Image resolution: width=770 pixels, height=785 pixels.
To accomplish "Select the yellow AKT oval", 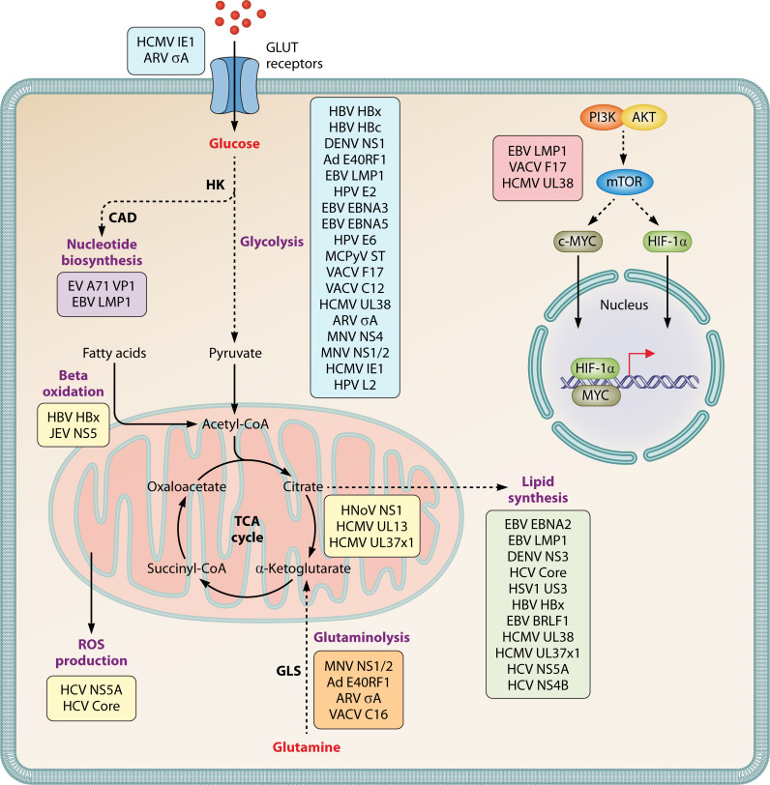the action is (x=643, y=118).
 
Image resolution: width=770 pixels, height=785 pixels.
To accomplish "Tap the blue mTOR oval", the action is (x=624, y=181).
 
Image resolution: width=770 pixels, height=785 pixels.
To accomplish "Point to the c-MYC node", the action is (x=577, y=242).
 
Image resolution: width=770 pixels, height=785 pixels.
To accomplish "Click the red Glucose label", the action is (x=234, y=144).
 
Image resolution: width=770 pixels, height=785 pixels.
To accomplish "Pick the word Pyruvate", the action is (x=235, y=353).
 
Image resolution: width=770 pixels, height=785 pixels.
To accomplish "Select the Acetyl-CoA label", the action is (x=235, y=424).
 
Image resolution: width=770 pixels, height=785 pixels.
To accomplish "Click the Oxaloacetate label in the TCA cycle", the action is (x=187, y=486).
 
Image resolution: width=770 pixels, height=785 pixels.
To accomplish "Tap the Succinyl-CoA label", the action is (x=187, y=568).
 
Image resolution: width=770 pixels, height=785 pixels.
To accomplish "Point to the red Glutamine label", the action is (x=307, y=747).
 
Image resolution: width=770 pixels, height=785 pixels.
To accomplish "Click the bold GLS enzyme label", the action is (x=288, y=671).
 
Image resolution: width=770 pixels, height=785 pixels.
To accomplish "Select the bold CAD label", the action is (x=123, y=218).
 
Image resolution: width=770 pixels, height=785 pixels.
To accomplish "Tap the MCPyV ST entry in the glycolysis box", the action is (x=355, y=256).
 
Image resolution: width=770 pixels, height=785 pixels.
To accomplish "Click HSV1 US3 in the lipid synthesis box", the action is (x=538, y=589).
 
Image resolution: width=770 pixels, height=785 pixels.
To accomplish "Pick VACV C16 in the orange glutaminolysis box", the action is (x=359, y=714).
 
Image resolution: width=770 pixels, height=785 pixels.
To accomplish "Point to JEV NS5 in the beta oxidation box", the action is (x=74, y=433).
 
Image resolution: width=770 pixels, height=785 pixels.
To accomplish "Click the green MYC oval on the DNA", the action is (x=596, y=395).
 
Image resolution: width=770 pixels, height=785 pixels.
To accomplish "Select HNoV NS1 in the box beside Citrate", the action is (x=371, y=510).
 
